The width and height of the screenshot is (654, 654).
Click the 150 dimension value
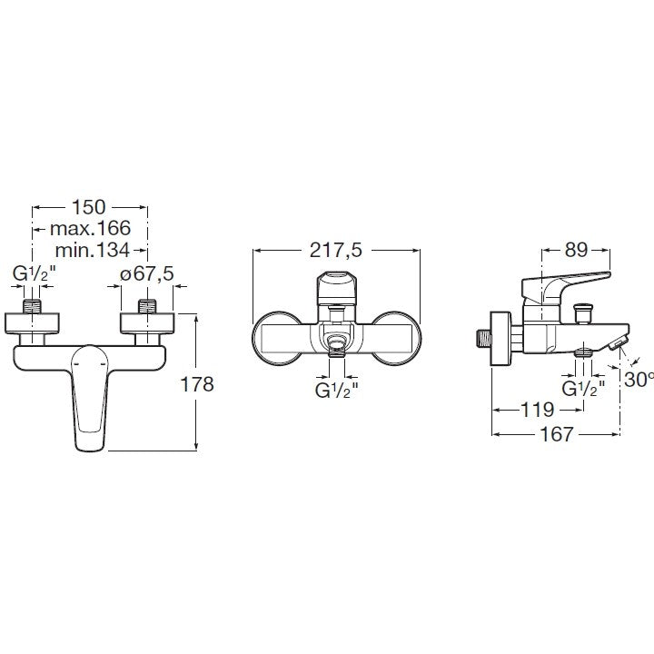pos(89,207)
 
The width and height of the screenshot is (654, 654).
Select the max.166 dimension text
pos(90,228)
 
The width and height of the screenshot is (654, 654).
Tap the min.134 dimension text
pos(92,251)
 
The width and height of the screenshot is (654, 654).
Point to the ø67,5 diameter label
pos(147,274)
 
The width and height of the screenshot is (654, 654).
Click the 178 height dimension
pos(197,384)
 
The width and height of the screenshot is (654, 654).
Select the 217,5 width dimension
pos(336,251)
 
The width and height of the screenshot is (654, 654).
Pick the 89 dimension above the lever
pos(576,250)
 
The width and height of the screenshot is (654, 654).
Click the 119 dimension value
pos(538,410)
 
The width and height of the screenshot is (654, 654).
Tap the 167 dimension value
pos(557,434)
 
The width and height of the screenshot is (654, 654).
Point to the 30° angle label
pos(639,379)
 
